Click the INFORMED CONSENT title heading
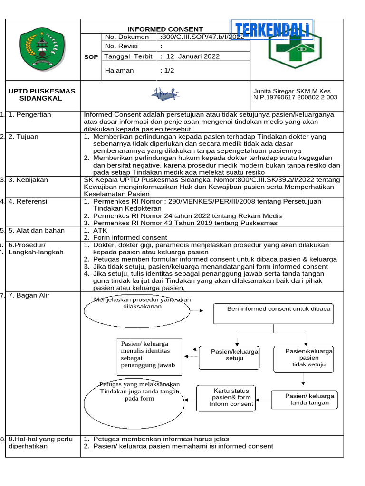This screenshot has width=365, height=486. (x=165, y=29)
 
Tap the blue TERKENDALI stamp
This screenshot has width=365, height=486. (x=272, y=30)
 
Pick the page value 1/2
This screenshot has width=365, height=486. (x=168, y=70)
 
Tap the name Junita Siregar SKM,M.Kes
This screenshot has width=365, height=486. (x=292, y=91)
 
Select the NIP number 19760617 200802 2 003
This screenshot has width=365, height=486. (x=295, y=97)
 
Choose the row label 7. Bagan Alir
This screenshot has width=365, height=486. (x=29, y=296)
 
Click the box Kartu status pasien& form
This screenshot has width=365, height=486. (x=225, y=397)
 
